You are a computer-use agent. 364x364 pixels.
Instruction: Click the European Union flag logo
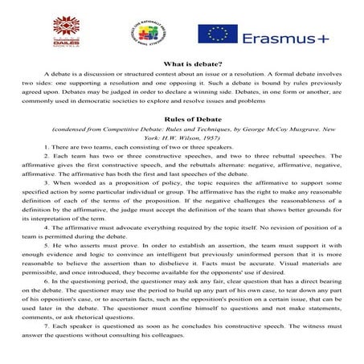click(x=211, y=34)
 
